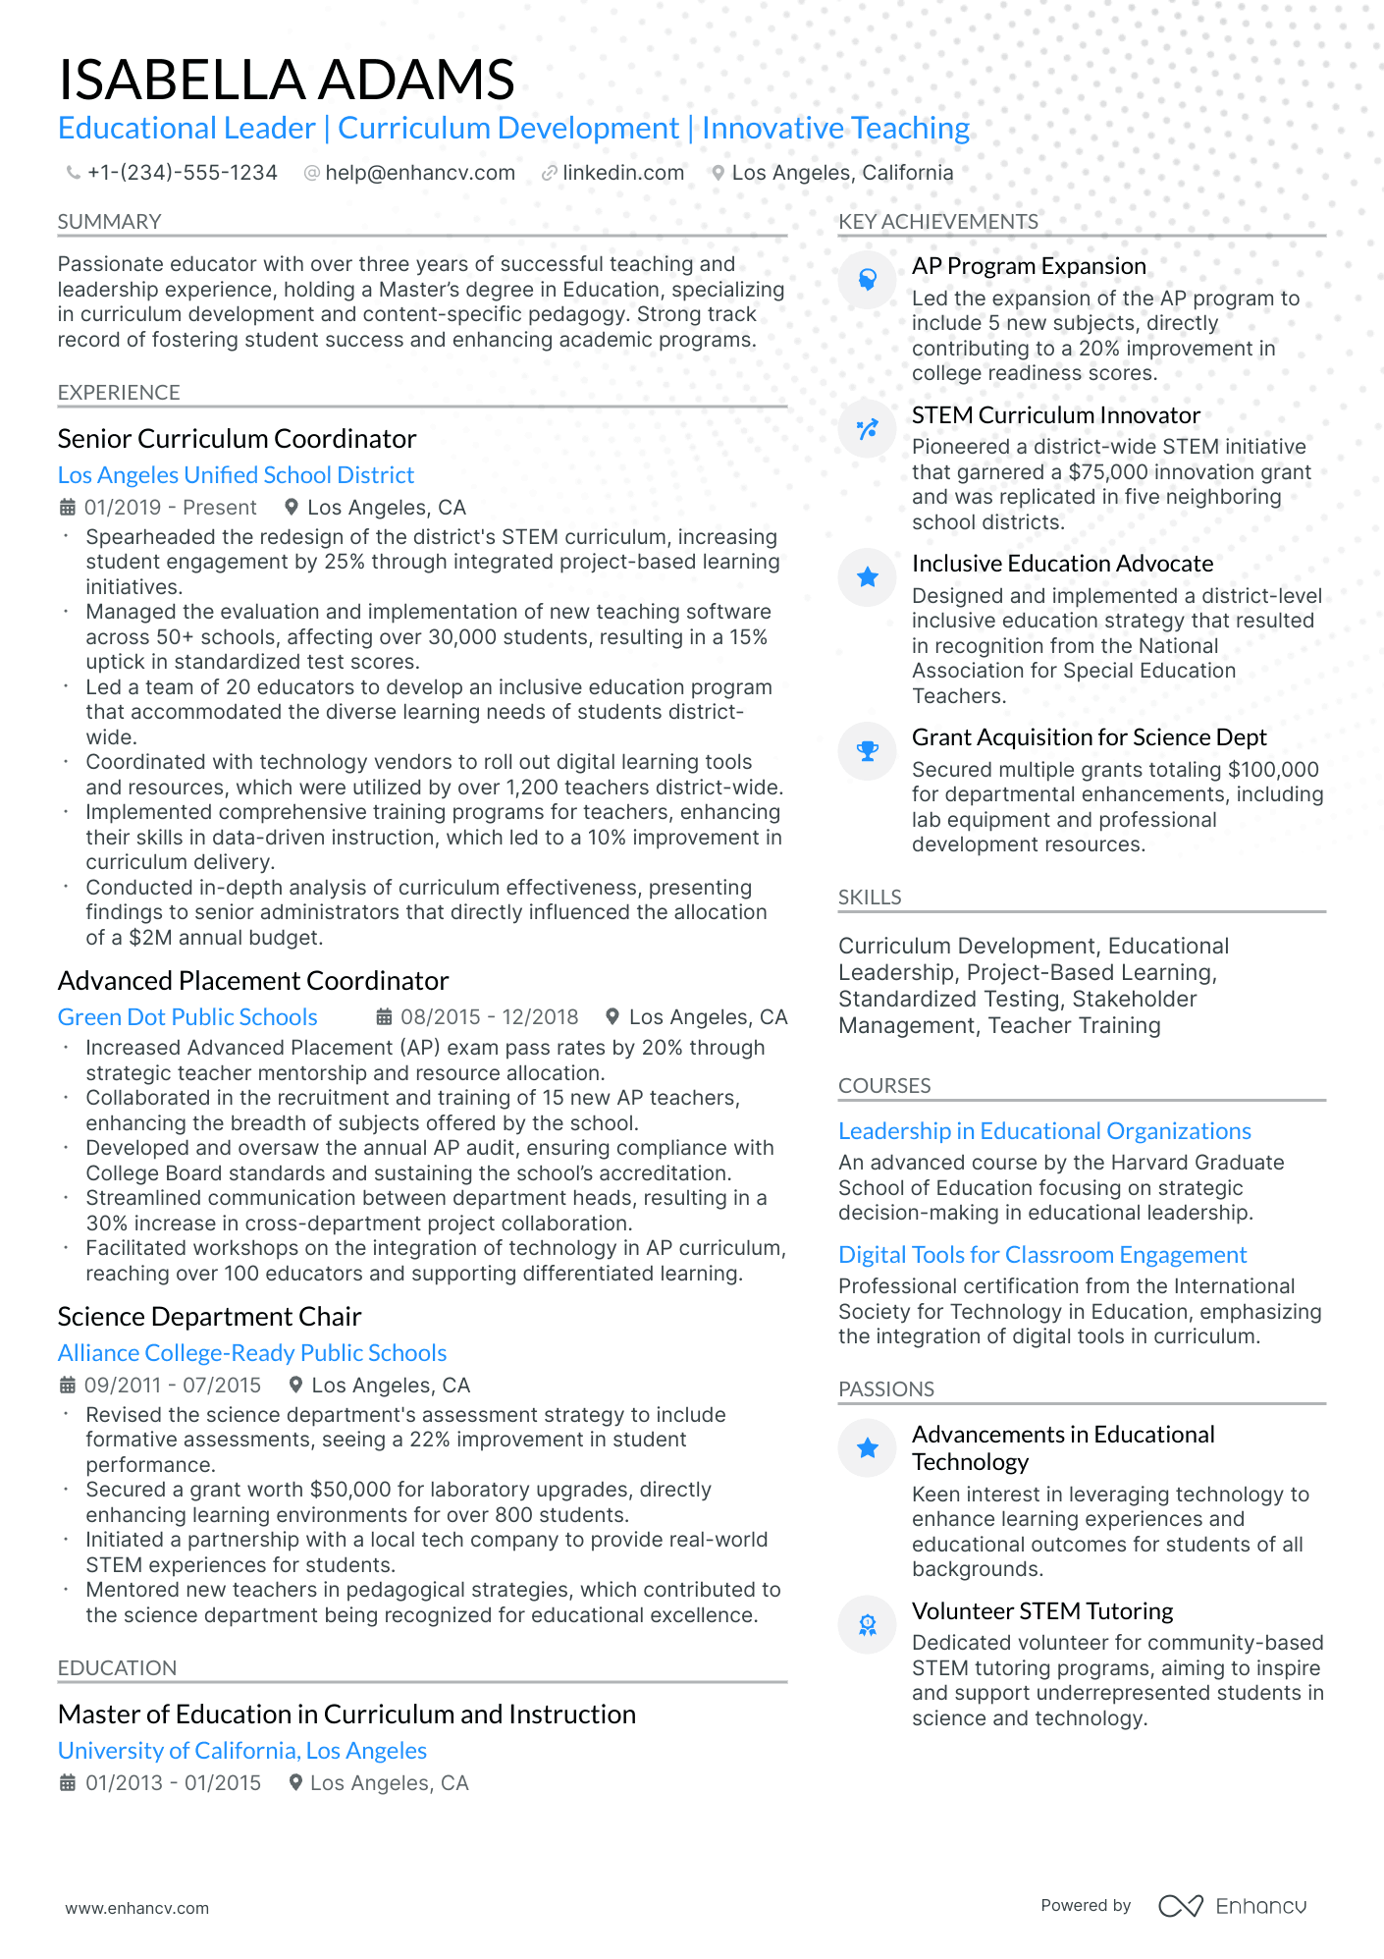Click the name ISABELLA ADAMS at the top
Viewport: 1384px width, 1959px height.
pos(286,80)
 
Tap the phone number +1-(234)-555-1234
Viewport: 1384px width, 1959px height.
pos(182,173)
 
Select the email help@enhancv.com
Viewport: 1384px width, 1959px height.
pos(419,173)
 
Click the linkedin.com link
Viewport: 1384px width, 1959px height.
pos(622,173)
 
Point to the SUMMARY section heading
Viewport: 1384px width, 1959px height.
pos(109,222)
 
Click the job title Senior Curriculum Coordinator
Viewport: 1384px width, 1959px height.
pos(237,438)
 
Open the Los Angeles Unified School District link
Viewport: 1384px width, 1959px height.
pos(236,475)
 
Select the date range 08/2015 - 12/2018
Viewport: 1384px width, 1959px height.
pos(489,1017)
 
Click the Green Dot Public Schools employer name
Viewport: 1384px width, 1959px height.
pos(187,1017)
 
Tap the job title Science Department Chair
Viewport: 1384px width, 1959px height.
pos(209,1317)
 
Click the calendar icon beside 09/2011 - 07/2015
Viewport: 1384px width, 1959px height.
pos(68,1386)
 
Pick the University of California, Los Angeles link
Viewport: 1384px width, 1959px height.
pos(241,1751)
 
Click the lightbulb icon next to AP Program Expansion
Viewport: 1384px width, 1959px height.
pos(868,280)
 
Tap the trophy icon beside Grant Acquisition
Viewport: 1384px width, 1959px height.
pos(868,751)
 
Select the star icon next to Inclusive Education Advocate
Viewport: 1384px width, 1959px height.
pos(868,577)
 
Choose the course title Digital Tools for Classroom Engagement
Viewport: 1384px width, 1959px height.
pos(1041,1255)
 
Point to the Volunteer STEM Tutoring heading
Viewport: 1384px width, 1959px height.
pos(1041,1611)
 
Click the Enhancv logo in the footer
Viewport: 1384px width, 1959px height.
pos(1232,1906)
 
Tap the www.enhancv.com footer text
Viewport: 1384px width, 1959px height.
pos(136,1908)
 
